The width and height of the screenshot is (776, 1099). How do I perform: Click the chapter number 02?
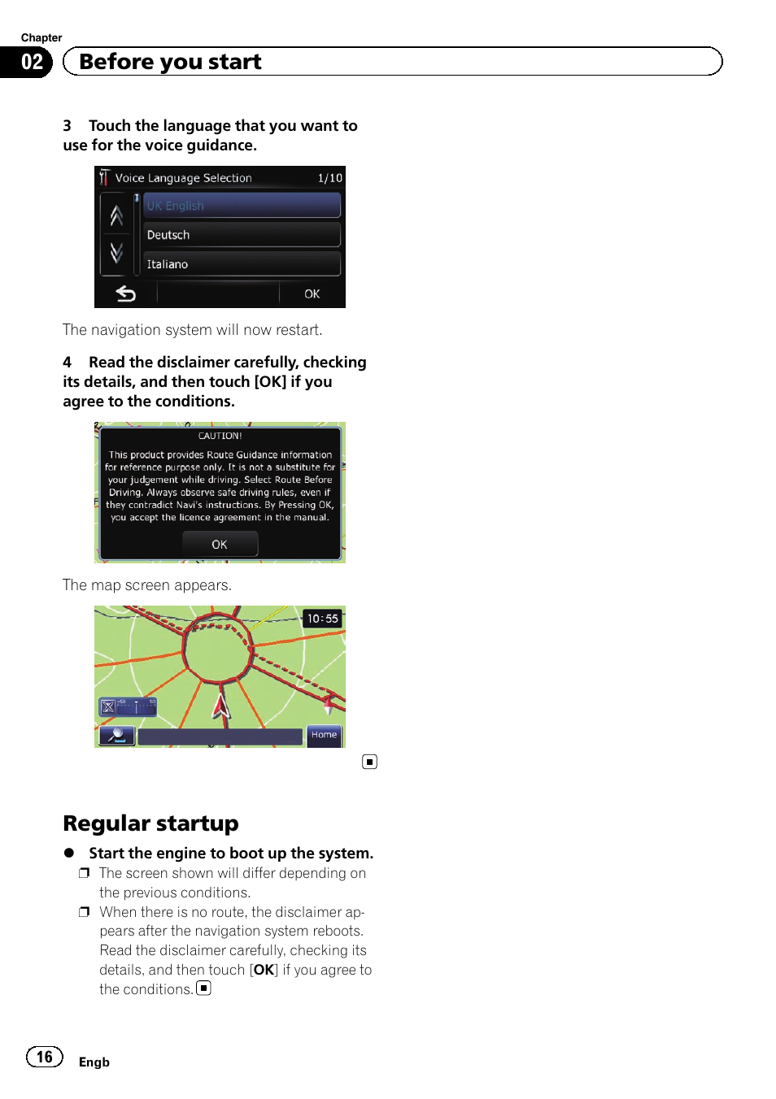32,63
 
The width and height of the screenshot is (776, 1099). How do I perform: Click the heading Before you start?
170,62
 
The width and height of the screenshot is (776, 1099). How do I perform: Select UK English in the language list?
242,206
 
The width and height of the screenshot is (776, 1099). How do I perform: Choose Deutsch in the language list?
242,235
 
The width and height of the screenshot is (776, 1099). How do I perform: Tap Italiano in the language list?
242,264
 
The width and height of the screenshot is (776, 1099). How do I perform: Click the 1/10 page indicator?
329,178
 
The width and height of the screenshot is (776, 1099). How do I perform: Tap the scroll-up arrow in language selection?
116,215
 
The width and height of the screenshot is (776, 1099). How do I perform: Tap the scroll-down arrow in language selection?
116,253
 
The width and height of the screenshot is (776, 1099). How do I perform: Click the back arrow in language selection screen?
125,293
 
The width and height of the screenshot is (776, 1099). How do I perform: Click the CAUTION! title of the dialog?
220,436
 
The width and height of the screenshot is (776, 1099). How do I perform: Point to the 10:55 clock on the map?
322,619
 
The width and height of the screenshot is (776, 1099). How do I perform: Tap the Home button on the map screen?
324,735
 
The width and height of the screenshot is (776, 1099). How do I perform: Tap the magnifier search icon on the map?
117,736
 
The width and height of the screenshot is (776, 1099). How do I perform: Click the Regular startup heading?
150,823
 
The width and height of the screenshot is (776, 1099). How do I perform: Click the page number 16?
45,1057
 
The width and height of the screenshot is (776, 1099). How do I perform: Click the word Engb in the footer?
94,1062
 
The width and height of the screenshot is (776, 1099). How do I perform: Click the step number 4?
68,363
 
